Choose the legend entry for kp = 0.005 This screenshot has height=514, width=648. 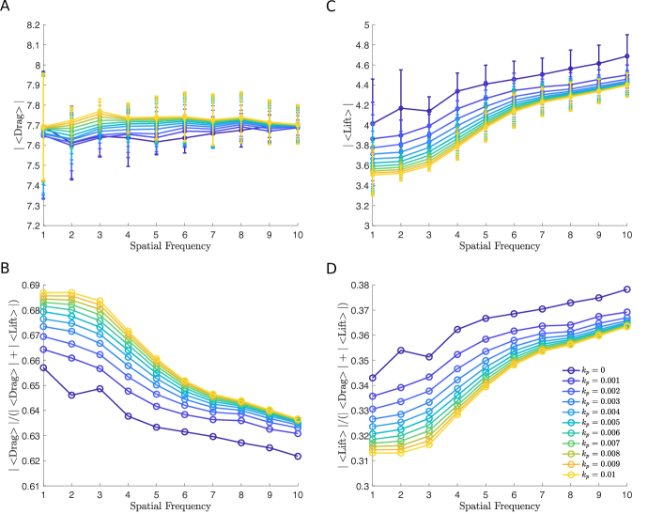(x=609, y=423)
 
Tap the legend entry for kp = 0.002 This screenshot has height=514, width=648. (x=609, y=392)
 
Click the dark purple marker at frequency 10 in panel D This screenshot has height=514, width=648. (x=627, y=289)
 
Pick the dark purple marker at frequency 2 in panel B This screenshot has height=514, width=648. (x=72, y=395)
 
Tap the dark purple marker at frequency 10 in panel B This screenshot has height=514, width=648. (x=299, y=456)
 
